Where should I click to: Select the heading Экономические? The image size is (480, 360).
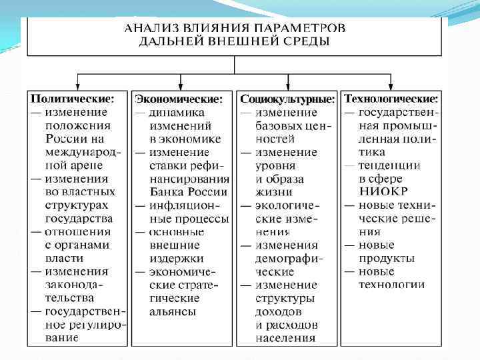point(179,99)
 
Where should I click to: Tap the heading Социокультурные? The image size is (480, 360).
point(287,99)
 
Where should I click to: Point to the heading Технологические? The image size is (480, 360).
point(391,99)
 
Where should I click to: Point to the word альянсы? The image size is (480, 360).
point(173,311)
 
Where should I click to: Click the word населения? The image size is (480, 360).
point(285,338)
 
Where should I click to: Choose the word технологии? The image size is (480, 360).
point(391,285)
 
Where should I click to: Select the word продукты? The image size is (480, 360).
point(387,258)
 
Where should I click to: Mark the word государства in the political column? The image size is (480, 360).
point(79,218)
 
